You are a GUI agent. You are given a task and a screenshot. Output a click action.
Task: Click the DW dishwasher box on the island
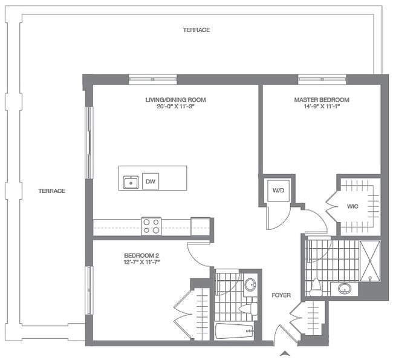(151, 181)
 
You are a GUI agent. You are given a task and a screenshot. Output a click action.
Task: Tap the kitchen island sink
(131, 182)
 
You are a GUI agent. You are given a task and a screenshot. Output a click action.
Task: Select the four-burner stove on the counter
(151, 226)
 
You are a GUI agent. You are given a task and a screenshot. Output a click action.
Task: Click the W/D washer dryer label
(278, 191)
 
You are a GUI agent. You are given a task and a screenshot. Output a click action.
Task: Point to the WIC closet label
(353, 206)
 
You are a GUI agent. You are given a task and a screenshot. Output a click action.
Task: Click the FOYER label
(281, 295)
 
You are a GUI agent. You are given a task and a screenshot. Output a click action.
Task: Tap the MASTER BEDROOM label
(322, 100)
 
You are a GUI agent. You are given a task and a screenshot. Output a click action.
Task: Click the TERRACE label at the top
(197, 30)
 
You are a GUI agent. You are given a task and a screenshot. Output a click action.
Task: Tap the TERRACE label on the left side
(51, 191)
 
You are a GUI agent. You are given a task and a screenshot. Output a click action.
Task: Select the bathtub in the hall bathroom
(235, 332)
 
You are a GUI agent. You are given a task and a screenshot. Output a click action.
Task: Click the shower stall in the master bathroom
(369, 261)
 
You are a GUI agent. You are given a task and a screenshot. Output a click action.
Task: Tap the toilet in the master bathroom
(316, 287)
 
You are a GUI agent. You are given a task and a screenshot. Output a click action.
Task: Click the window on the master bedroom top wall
(322, 78)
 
